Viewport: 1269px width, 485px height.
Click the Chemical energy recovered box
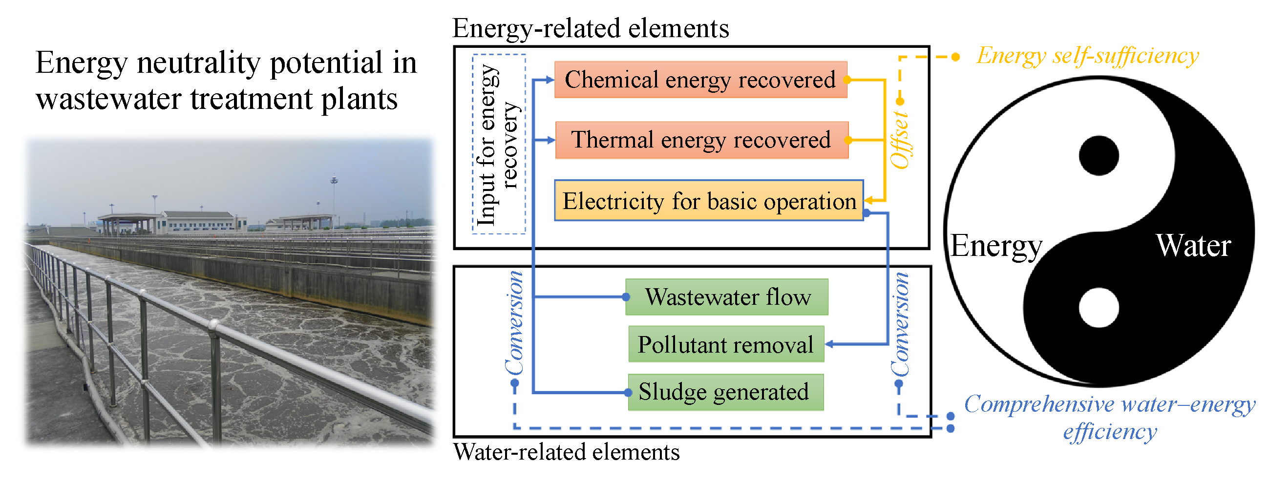pos(700,80)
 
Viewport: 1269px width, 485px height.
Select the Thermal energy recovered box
pos(701,140)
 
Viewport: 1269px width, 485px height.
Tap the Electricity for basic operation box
pos(708,201)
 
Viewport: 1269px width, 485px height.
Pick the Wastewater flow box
pos(727,297)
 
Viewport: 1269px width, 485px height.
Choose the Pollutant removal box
pos(726,345)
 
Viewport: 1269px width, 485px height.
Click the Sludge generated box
pos(725,392)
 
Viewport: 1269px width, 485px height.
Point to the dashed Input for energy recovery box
pos(499,144)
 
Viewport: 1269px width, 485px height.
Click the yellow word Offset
pos(900,140)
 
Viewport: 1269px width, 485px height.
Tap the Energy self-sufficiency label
pos(1088,56)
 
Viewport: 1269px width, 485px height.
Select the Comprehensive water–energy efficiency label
pos(1109,418)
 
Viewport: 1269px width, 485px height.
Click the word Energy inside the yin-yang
pos(996,246)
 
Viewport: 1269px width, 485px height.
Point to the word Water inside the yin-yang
pos(1193,246)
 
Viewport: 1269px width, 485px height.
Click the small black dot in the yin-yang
pos(1099,156)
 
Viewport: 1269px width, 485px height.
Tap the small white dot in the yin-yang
pos(1099,308)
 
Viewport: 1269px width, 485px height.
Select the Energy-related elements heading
pos(590,28)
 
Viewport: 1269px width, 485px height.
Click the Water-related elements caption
pos(567,452)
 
